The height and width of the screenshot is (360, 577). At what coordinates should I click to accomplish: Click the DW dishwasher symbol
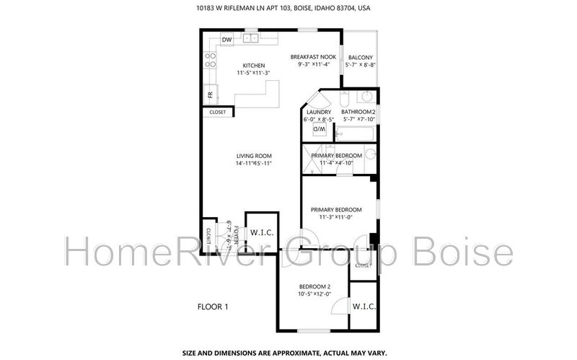click(226, 39)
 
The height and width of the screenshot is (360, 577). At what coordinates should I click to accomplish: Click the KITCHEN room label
click(253, 65)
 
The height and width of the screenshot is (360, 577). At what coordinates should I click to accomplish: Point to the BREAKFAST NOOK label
click(313, 56)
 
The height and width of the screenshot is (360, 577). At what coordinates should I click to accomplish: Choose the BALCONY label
click(360, 58)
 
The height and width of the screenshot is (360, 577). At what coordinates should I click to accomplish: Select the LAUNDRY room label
click(319, 112)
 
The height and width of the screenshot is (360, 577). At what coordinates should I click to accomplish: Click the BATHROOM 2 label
click(358, 112)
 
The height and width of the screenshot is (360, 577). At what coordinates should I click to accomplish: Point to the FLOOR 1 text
click(213, 307)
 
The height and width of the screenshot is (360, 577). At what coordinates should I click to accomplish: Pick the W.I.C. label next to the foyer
click(261, 232)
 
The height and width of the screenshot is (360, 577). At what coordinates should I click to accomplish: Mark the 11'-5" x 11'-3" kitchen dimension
click(253, 73)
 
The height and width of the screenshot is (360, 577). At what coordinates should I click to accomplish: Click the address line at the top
click(288, 9)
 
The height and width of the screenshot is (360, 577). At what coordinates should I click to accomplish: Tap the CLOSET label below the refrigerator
click(218, 112)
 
